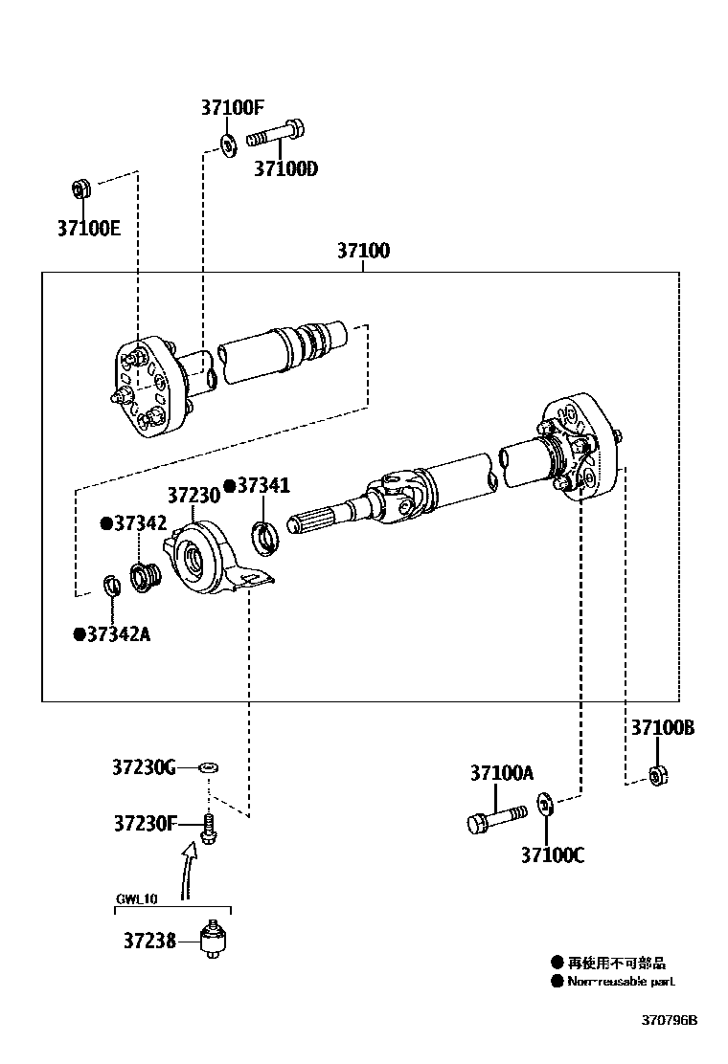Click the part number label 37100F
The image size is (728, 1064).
(231, 108)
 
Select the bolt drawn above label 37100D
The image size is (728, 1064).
(276, 135)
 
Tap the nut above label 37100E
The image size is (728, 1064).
(81, 189)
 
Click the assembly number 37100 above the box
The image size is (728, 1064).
(363, 252)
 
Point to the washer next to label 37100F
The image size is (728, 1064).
(228, 144)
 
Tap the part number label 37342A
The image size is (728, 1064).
(113, 633)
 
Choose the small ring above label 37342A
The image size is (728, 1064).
(111, 584)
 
